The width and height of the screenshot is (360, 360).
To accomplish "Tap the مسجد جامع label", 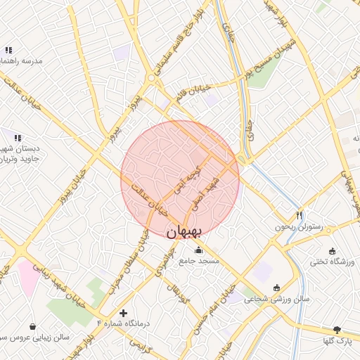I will click(x=199, y=261).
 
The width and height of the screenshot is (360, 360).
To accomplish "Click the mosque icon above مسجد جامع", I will click(x=199, y=249).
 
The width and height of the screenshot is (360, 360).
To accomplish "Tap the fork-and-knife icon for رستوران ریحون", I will click(x=299, y=215).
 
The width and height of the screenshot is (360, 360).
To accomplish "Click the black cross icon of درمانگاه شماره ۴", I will click(x=124, y=312).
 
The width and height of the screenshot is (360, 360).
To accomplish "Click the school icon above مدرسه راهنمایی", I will click(x=8, y=50).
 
